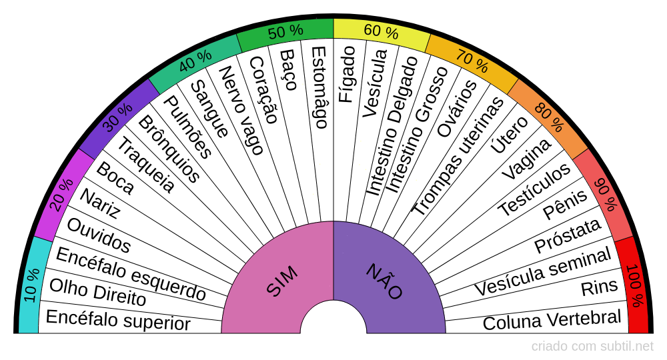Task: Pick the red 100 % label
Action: [x=635, y=285]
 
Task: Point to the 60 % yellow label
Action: [x=381, y=32]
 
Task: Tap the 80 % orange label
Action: [x=550, y=118]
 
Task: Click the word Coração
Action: [x=263, y=89]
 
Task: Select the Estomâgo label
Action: [x=319, y=87]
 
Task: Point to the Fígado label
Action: [x=346, y=74]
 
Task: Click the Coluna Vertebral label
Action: [x=552, y=320]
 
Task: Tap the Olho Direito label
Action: [x=97, y=293]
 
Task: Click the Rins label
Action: [x=599, y=288]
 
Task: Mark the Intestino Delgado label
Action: [x=393, y=126]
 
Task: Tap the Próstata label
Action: [x=567, y=237]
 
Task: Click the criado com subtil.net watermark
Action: [x=592, y=346]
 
